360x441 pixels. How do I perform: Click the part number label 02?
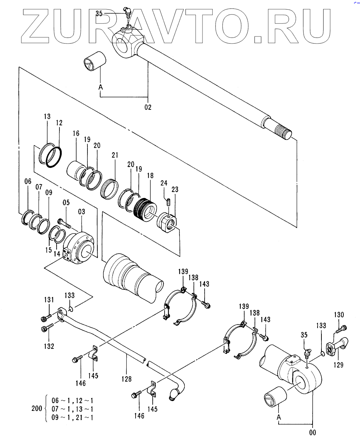point(148,107)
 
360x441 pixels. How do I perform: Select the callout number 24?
point(164,183)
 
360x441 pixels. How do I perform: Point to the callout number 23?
point(175,190)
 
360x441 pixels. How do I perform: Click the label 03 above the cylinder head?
point(81,211)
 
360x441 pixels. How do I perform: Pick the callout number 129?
point(338,371)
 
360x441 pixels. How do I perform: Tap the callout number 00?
point(313,432)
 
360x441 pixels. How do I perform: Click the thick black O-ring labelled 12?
point(54,157)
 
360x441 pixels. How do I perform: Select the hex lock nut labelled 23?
point(166,224)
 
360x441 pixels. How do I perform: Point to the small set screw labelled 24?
point(169,203)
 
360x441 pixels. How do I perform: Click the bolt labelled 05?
point(65,223)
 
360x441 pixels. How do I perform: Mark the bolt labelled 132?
point(47,328)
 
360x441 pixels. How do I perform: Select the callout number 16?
point(76,133)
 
